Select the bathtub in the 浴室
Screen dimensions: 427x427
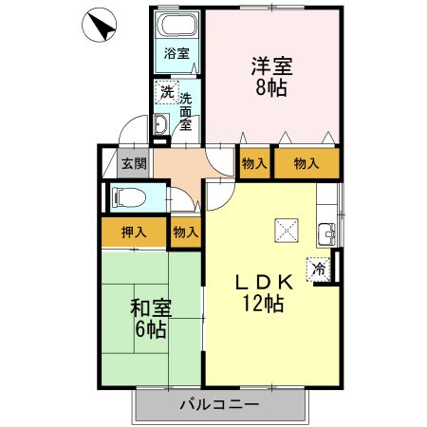[176, 28]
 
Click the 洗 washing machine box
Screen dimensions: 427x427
[167, 93]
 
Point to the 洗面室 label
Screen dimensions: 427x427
[186, 110]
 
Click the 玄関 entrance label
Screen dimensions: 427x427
[134, 163]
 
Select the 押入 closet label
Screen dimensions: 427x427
[134, 232]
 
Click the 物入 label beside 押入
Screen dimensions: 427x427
[185, 232]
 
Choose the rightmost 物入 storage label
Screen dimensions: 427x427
[306, 163]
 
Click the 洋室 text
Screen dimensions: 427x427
[271, 68]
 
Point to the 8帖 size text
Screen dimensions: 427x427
[271, 89]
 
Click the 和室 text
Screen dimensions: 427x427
[150, 308]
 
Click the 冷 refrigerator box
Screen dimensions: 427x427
[320, 269]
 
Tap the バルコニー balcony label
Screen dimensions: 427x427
[219, 405]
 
